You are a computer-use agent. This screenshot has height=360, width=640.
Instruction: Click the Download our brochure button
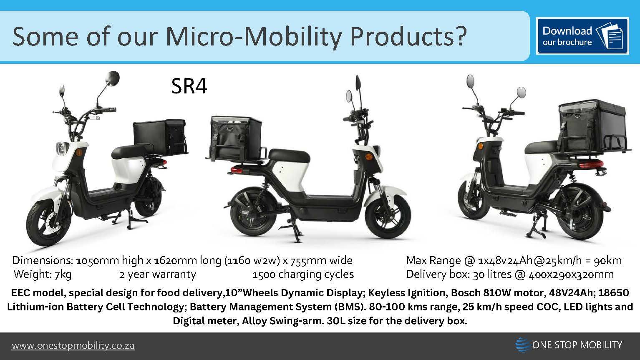582,36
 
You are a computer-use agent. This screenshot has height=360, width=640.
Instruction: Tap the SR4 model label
189,87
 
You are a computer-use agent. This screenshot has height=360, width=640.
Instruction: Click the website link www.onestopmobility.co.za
73,346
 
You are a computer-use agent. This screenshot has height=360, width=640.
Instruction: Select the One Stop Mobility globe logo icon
522,345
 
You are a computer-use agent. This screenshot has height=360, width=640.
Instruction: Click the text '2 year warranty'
157,274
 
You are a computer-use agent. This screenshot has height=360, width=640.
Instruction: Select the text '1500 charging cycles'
303,274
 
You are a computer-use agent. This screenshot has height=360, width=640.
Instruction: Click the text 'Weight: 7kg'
43,274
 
